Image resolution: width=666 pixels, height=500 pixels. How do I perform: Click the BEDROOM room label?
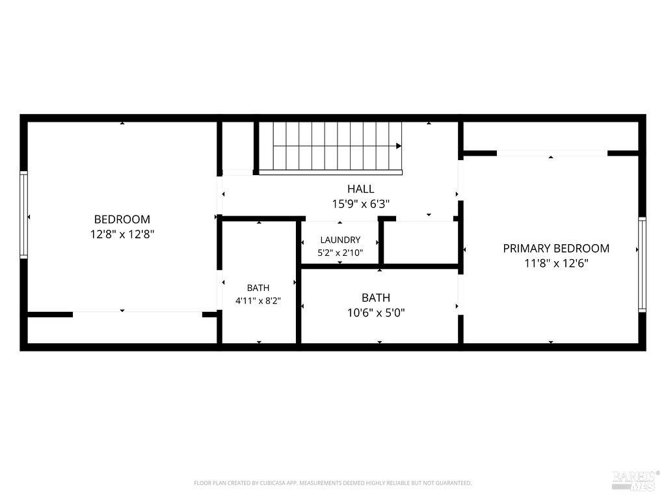pos(122,219)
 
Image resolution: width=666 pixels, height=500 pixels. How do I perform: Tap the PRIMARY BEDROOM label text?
pos(556,248)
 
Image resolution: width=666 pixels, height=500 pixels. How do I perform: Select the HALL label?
pos(360,189)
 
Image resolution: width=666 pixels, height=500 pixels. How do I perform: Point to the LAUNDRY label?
pos(340,240)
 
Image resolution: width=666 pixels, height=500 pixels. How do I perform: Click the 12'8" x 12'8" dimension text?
pos(122,234)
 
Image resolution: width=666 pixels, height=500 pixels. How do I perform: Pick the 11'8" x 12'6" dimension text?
pos(556,263)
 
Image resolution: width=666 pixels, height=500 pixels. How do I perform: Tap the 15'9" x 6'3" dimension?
pos(360,204)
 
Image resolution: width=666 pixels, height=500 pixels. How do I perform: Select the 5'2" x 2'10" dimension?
pos(340,253)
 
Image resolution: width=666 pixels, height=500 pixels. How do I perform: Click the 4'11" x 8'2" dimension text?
pos(258,301)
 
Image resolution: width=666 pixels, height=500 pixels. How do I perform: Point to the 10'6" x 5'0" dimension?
pos(376,313)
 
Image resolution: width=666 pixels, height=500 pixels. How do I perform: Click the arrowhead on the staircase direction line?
pos(399,146)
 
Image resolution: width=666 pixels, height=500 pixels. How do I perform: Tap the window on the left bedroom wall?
pos(24,215)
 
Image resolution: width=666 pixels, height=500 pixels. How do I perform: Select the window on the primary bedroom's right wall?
pos(642,264)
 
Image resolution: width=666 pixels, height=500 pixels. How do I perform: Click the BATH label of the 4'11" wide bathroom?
pos(258,288)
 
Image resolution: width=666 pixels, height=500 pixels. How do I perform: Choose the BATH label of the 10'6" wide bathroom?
pos(376,298)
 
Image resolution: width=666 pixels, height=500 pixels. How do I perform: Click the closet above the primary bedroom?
pos(551,136)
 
